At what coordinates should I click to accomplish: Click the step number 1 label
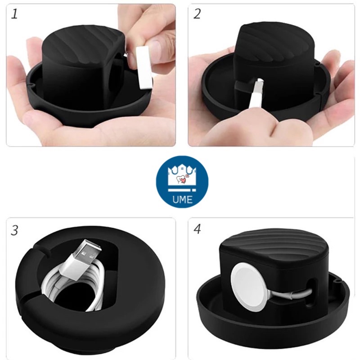point(14,14)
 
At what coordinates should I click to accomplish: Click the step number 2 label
point(197,14)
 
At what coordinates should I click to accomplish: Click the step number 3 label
point(14,230)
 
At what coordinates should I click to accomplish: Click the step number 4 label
point(197,229)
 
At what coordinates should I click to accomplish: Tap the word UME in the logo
point(183,199)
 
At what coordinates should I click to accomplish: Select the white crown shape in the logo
point(182,176)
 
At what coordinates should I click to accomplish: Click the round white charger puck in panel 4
point(247,286)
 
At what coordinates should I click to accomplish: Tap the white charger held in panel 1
point(144,68)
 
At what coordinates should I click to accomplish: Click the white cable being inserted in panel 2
point(256,94)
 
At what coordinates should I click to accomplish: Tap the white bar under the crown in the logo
point(182,190)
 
